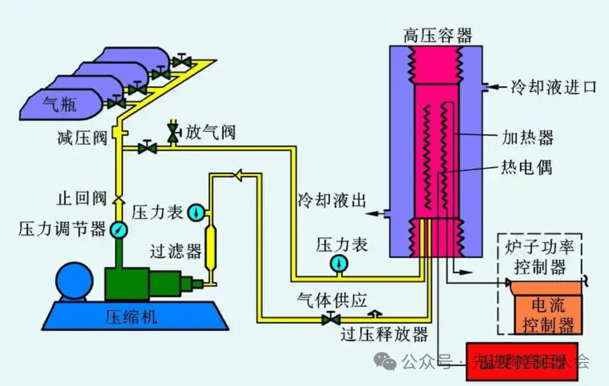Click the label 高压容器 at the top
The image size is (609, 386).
438,35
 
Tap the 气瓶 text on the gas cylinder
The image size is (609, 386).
61,104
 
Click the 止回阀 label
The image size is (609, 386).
81,199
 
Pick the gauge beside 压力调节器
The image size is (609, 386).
119,229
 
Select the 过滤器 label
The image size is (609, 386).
176,250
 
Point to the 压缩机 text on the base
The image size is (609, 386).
132,316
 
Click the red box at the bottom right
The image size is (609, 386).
521,360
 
